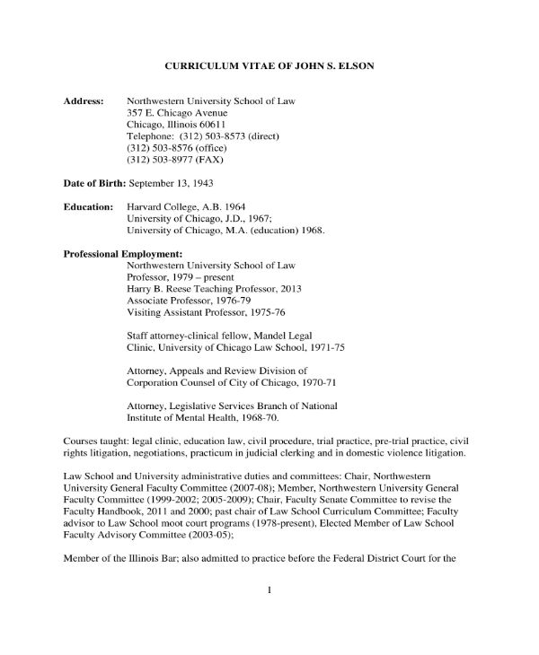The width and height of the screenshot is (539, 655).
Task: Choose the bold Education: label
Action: (x=88, y=207)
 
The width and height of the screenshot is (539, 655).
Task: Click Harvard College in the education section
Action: (x=161, y=207)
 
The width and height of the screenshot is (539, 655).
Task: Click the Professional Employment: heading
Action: (x=123, y=254)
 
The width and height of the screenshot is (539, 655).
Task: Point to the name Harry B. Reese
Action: (x=159, y=290)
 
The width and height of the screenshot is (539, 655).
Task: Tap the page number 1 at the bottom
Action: (x=269, y=590)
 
